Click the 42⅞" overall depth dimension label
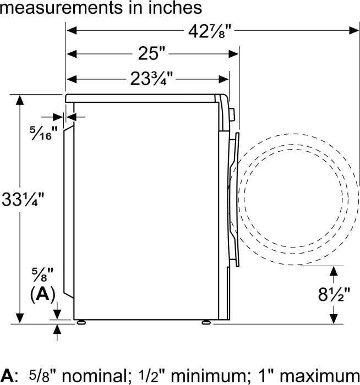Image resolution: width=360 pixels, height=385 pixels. pos(210,31)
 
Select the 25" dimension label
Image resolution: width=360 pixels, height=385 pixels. pos(151,53)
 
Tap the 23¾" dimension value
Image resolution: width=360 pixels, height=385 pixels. pos(151,79)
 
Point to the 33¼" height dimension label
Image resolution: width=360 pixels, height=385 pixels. pos(23,199)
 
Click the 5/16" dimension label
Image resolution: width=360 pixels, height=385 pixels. pos(43,133)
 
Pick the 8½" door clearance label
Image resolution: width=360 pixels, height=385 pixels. pos(334,294)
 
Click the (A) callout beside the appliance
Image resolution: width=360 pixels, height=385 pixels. pos(42,294)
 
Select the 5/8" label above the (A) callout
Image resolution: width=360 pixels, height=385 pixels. pos(42,274)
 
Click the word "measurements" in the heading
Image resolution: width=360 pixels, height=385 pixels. pos(61,8)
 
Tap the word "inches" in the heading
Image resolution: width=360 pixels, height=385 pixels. pos(174,7)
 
